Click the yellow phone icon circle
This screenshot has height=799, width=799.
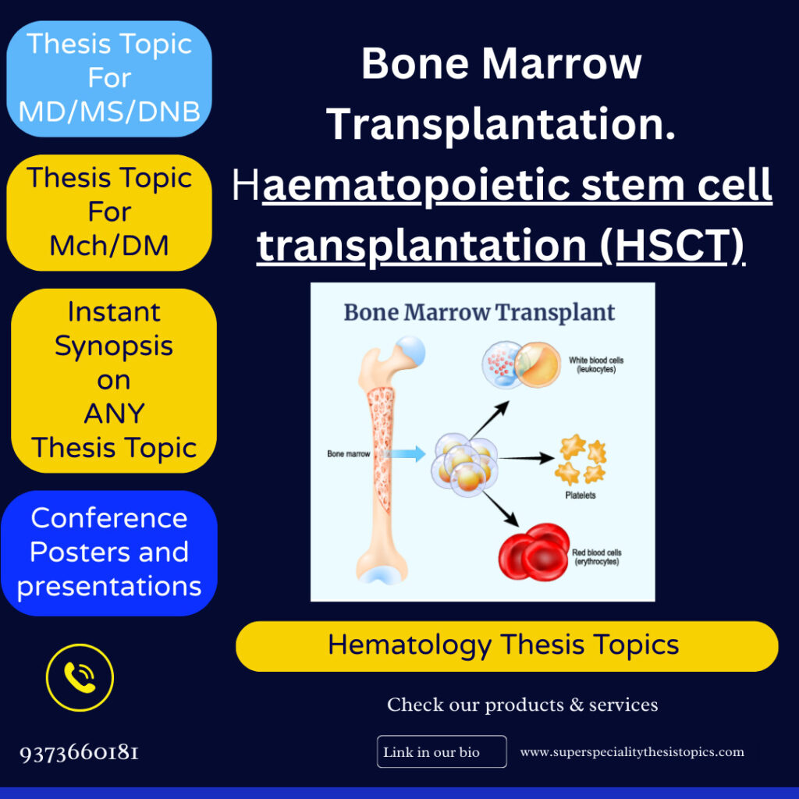pos(80,677)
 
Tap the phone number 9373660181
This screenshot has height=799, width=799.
pos(80,753)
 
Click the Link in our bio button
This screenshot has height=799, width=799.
pos(442,752)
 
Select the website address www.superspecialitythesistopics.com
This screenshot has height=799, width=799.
pos(632,752)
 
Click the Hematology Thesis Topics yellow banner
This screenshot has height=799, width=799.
pos(506,646)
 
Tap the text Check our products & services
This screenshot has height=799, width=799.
pos(522,705)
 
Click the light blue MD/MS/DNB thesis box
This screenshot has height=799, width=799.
pos(109,79)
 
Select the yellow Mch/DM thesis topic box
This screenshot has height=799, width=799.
pos(109,212)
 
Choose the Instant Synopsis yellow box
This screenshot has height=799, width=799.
pos(114,380)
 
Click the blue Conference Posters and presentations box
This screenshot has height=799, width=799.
pos(109,552)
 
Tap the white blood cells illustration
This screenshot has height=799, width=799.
pos(521,364)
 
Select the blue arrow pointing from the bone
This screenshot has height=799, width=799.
pos(409,453)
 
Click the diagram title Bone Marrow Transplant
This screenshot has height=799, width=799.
pos(479,313)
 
